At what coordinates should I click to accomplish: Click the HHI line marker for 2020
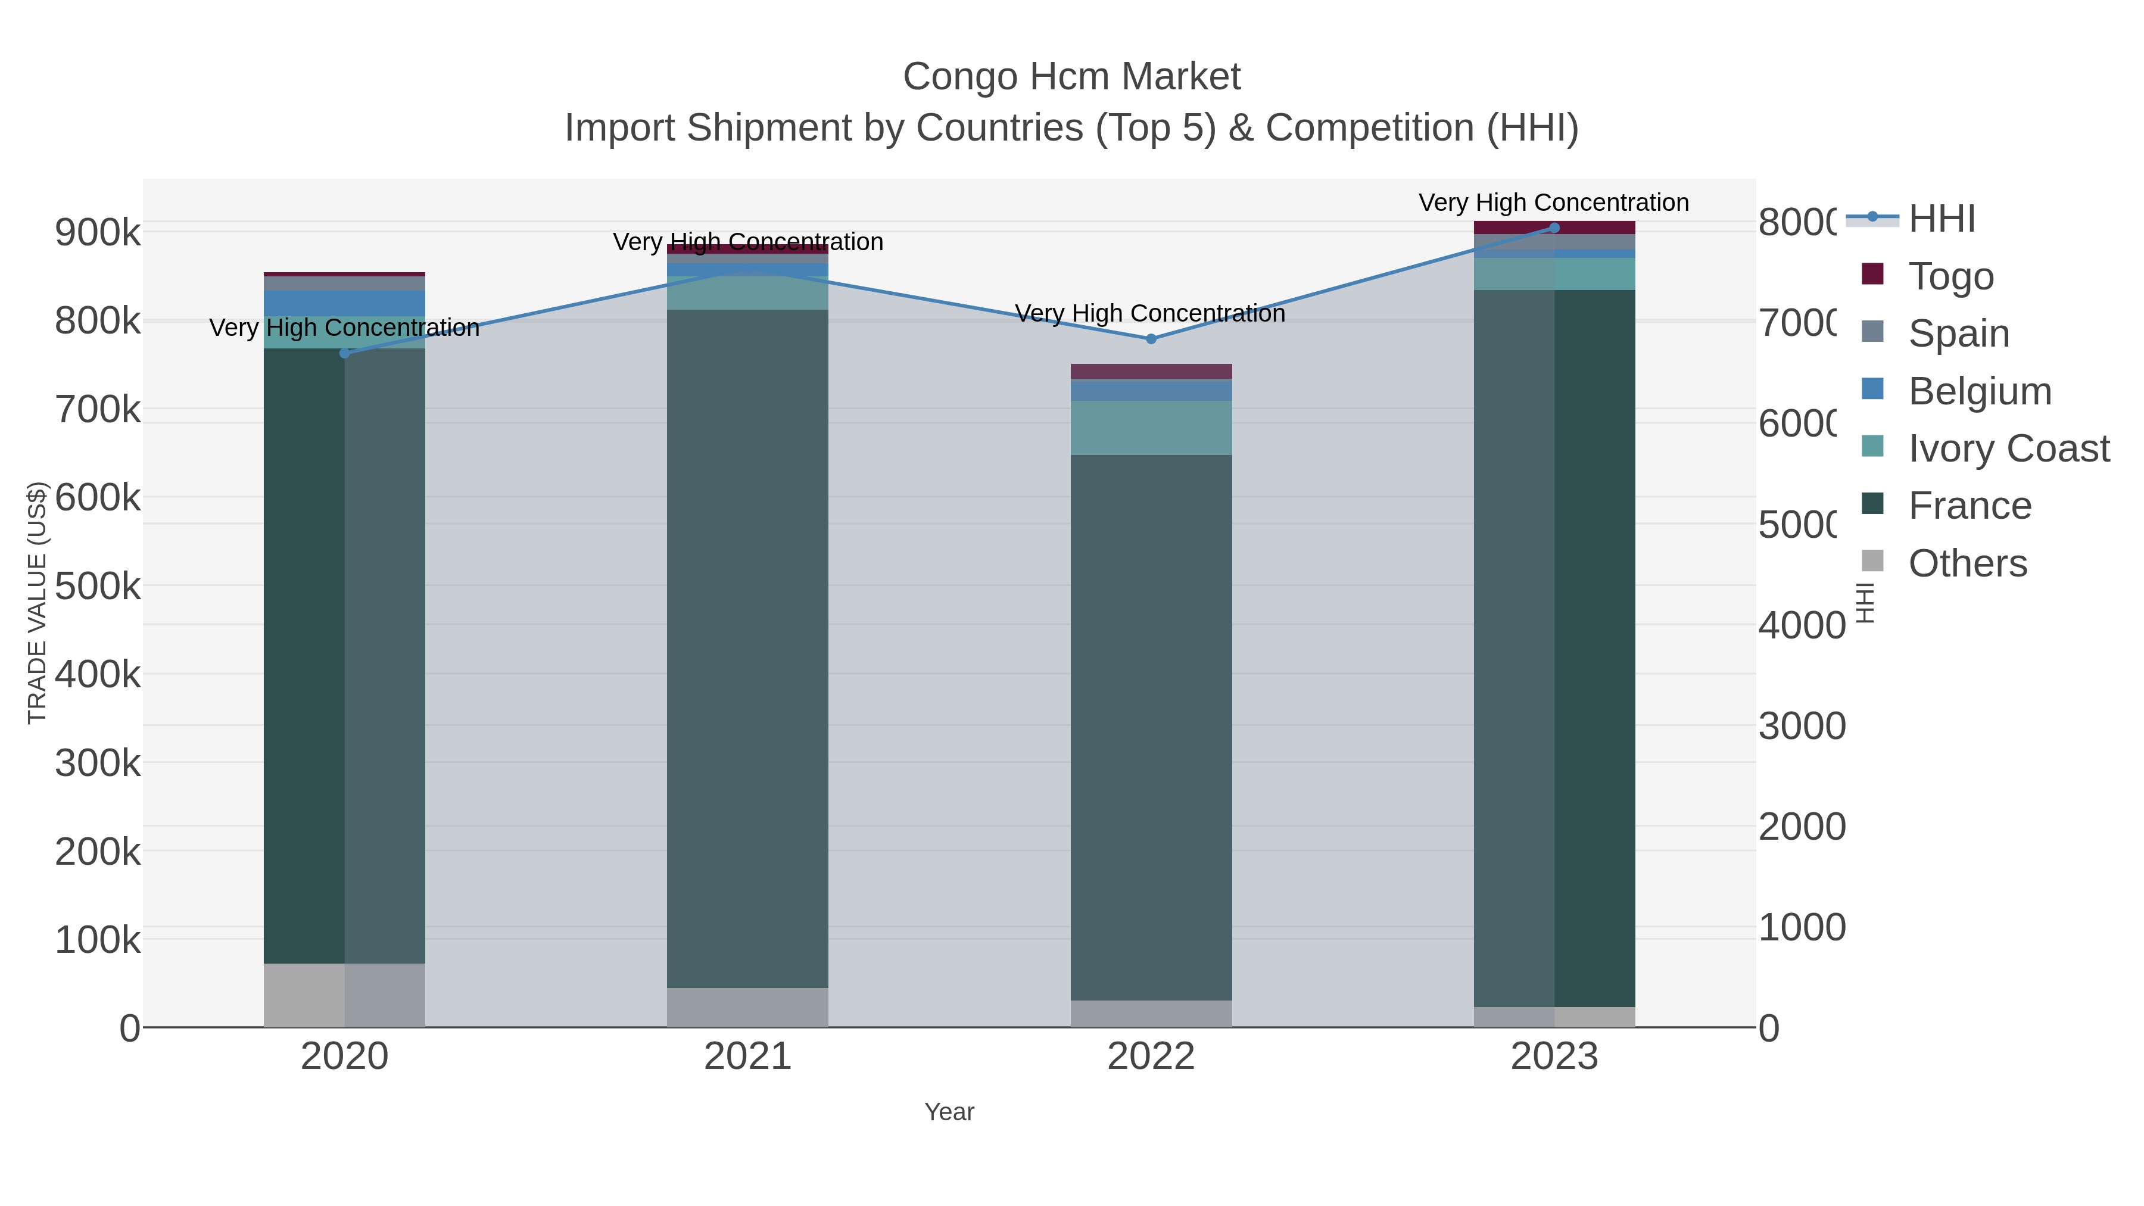tap(345, 353)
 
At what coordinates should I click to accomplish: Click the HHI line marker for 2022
tap(1151, 339)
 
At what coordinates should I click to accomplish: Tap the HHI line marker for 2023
tap(1554, 228)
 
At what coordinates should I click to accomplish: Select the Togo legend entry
tap(1951, 276)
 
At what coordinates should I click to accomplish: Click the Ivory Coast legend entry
tap(2008, 448)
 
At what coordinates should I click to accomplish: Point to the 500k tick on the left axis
tap(98, 586)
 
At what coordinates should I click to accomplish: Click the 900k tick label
tap(98, 232)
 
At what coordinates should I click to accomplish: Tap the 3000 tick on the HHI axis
tap(1801, 726)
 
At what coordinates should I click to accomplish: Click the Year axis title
tap(949, 1112)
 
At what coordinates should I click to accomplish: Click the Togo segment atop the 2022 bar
tap(1151, 371)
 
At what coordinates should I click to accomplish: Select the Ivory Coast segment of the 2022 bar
tap(1151, 428)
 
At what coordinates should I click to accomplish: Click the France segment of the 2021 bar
tap(747, 649)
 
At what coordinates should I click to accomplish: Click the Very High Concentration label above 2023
tap(1553, 202)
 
